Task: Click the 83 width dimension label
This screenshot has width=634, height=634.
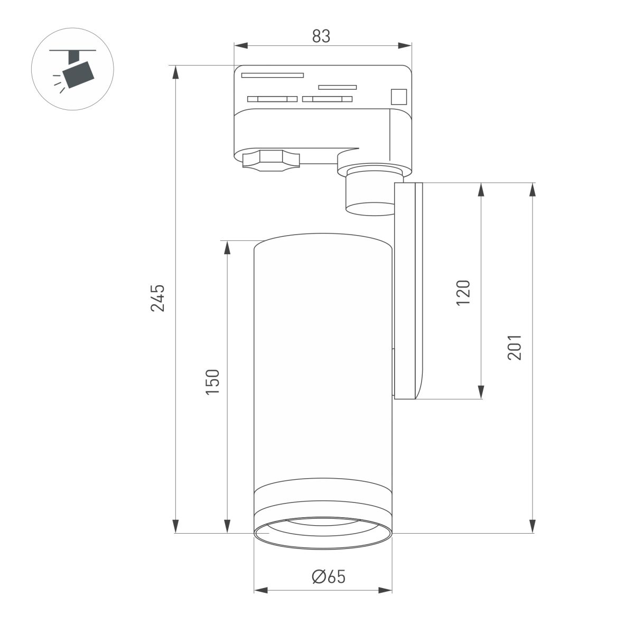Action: (x=321, y=36)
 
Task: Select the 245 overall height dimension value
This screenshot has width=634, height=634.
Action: (x=158, y=298)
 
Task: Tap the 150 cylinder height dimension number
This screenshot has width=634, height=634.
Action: (x=212, y=382)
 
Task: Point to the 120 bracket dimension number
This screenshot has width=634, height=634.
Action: (x=463, y=293)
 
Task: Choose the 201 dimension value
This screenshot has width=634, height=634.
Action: (x=514, y=347)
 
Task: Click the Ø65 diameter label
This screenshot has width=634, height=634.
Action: (x=328, y=577)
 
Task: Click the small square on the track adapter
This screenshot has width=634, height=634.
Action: (x=398, y=97)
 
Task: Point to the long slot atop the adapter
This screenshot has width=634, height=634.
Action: (x=273, y=75)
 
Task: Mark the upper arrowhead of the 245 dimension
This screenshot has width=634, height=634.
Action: (x=175, y=72)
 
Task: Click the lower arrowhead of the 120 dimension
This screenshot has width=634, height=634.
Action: (x=481, y=392)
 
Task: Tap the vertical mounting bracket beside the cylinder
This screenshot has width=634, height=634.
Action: (x=408, y=291)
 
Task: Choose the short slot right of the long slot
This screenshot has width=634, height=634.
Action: (x=337, y=87)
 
